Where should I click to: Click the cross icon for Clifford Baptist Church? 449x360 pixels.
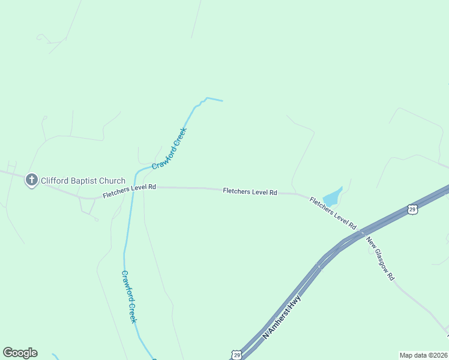tap(32, 180)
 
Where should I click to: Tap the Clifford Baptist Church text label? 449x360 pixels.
tap(83, 181)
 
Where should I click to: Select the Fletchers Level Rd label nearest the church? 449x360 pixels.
tap(129, 191)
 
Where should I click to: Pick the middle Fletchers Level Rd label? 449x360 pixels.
tap(250, 192)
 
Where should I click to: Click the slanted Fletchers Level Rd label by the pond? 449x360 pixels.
tap(333, 213)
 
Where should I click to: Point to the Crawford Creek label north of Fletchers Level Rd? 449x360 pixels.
tap(170, 148)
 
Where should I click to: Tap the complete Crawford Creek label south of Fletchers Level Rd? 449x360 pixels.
tap(130, 296)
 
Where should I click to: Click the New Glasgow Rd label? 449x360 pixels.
tap(380, 260)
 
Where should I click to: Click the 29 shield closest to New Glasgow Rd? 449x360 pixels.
tap(412, 209)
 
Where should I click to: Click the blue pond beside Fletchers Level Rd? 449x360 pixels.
tap(332, 197)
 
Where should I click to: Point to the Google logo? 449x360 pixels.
tap(20, 353)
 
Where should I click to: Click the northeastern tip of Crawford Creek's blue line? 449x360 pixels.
tap(222, 100)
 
